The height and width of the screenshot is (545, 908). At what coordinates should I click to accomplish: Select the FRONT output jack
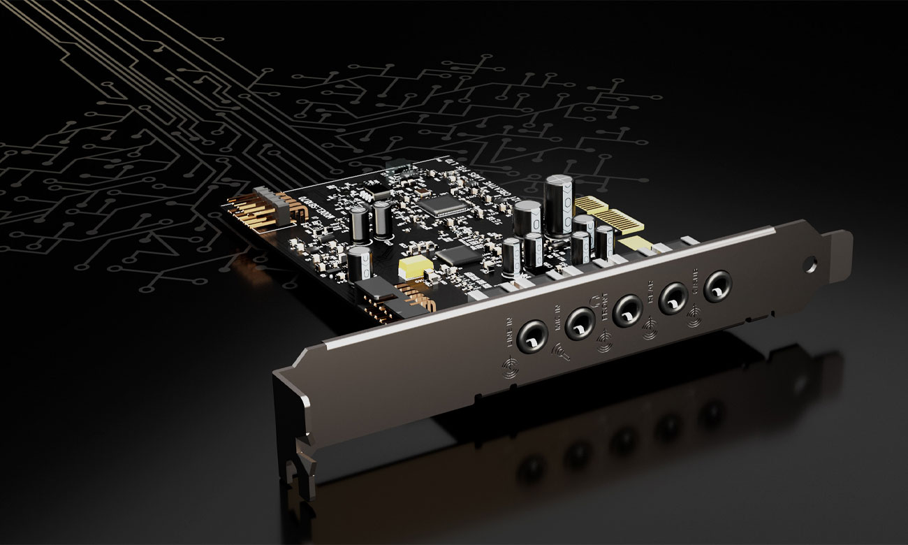pyautogui.click(x=627, y=310)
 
